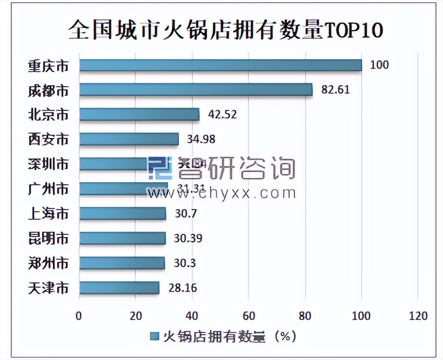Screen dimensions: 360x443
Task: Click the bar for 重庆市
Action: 220,65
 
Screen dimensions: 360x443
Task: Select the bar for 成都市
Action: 196,89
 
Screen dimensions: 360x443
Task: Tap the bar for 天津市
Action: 119,288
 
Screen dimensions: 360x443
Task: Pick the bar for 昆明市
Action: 122,238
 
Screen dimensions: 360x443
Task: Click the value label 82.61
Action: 335,89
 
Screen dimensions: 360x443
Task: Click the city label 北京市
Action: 49,115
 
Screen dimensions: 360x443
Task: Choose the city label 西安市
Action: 49,140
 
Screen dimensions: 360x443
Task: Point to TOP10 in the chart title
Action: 353,30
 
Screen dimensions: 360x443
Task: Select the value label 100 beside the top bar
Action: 379,65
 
